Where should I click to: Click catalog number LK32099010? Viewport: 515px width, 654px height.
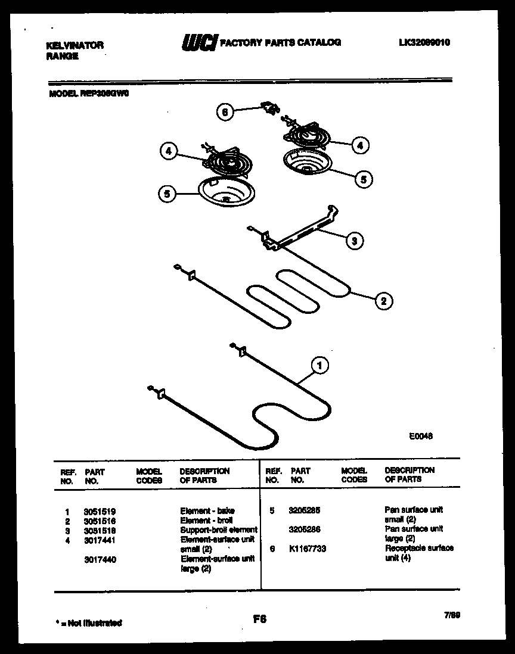click(x=424, y=42)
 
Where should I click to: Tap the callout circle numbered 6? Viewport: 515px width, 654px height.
click(x=225, y=113)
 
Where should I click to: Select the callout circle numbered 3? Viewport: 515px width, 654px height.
click(x=354, y=241)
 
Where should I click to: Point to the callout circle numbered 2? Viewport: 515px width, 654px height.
click(x=383, y=301)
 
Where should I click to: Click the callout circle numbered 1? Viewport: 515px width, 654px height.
click(x=320, y=366)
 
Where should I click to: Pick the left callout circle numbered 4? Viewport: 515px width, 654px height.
click(x=169, y=152)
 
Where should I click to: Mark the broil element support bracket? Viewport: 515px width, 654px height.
click(x=298, y=230)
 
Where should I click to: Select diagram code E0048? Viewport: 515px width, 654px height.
click(x=420, y=436)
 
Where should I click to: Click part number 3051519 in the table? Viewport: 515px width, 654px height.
click(x=100, y=511)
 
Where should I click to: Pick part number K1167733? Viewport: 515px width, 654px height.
click(x=307, y=549)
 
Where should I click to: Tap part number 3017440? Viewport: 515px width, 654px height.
click(x=100, y=559)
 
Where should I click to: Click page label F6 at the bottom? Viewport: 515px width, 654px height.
click(x=259, y=619)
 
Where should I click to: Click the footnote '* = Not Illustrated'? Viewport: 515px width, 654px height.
click(x=89, y=623)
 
